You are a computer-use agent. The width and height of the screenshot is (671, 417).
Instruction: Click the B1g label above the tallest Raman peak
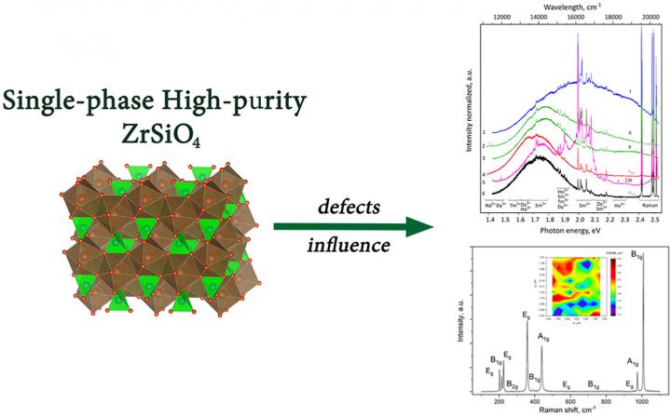point(641,251)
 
